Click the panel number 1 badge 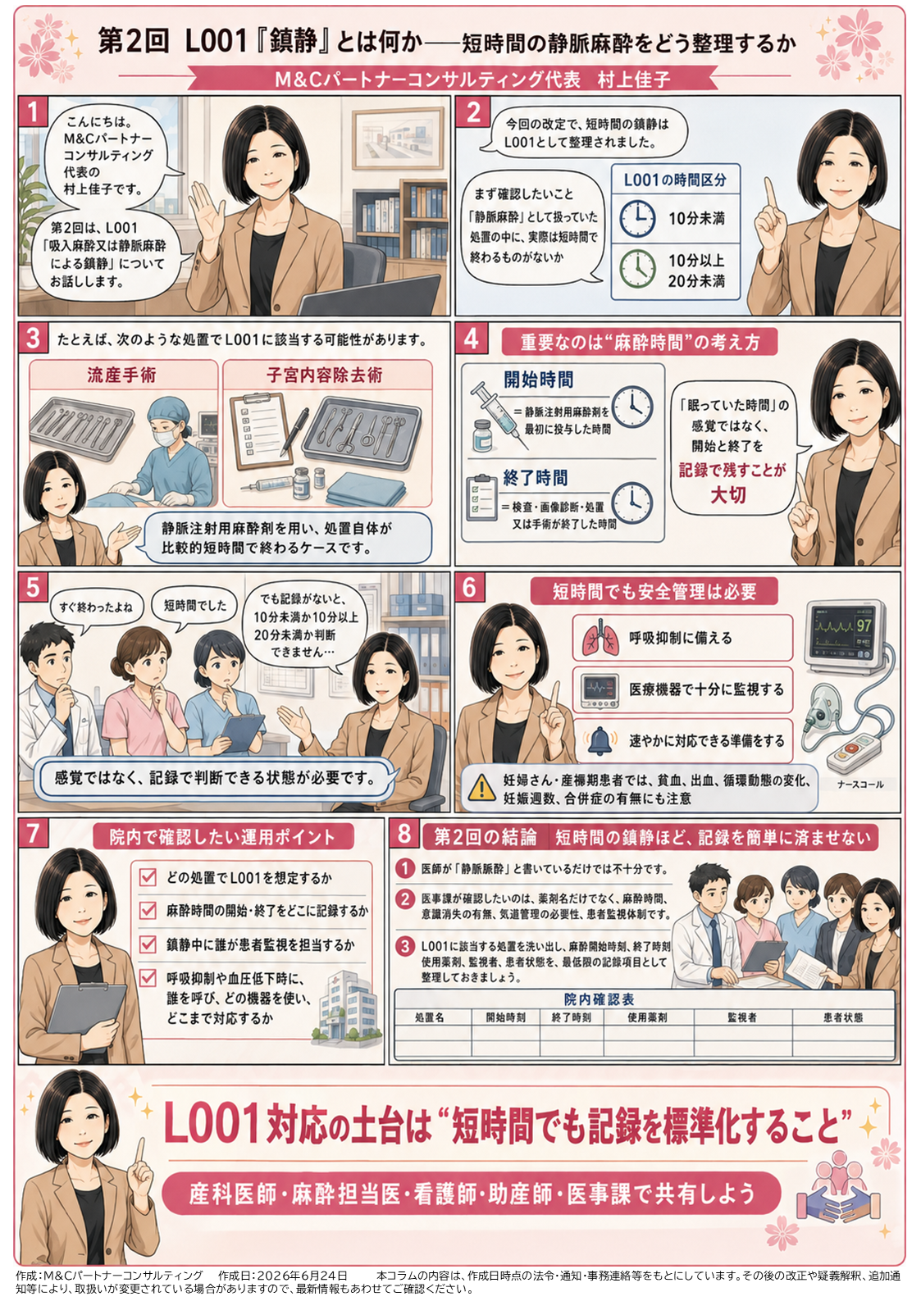tap(33, 111)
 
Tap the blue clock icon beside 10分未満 tap(637, 218)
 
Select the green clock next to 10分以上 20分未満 tap(637, 270)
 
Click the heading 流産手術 tap(121, 375)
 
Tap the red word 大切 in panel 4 tap(728, 495)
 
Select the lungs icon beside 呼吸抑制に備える tap(599, 638)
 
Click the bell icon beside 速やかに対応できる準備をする tap(599, 741)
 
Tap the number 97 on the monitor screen tap(864, 625)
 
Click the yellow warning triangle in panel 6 tap(481, 788)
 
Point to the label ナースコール tap(860, 784)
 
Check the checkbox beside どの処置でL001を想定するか tap(148, 877)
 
